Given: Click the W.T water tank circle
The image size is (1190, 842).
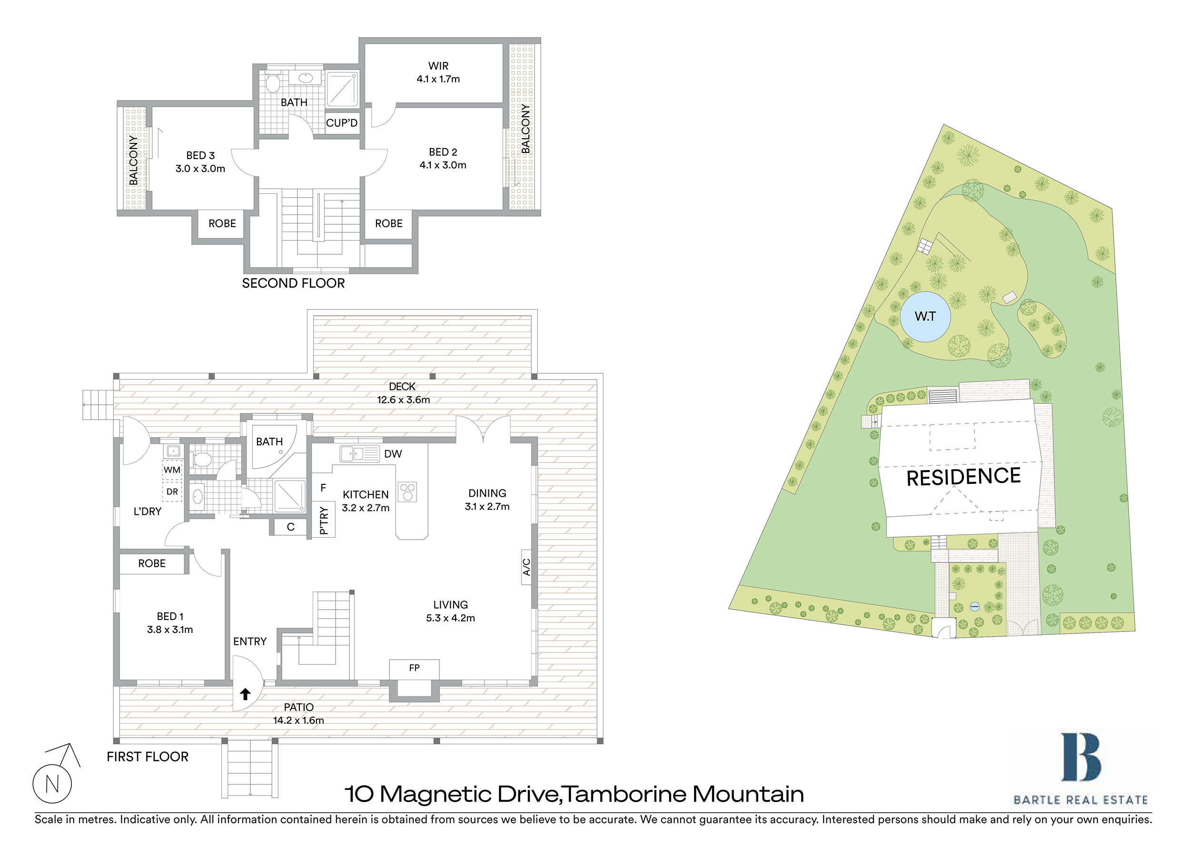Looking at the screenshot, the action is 925,316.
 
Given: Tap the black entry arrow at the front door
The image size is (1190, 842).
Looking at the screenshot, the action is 245,694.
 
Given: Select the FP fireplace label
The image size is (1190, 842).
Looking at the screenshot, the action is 414,668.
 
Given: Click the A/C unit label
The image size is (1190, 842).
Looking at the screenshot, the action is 526,567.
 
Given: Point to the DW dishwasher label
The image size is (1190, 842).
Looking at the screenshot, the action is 393,454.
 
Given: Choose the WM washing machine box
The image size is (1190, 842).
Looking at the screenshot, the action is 172,470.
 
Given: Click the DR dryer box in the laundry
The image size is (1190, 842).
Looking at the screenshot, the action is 172,491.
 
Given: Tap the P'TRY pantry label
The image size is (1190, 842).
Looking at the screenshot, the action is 323,520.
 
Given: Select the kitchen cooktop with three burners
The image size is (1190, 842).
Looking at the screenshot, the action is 407,491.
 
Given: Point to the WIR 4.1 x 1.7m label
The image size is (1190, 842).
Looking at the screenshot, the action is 438,72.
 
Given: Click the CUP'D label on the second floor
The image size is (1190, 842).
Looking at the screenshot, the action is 342,123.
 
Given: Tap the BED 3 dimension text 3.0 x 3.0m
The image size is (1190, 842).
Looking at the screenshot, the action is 200,169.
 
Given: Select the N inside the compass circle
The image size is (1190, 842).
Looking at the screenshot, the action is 52,784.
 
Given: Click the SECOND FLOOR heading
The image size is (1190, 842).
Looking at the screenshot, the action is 293,283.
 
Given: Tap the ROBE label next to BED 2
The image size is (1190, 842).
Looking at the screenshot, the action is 389,223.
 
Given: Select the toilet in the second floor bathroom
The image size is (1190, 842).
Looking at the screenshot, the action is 273,83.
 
